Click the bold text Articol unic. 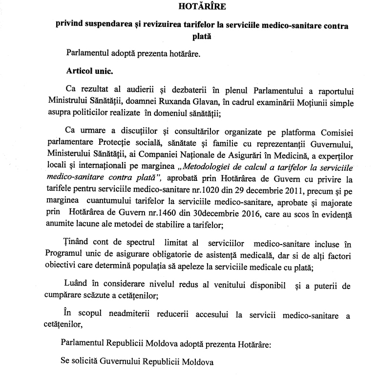pos(89,70)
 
